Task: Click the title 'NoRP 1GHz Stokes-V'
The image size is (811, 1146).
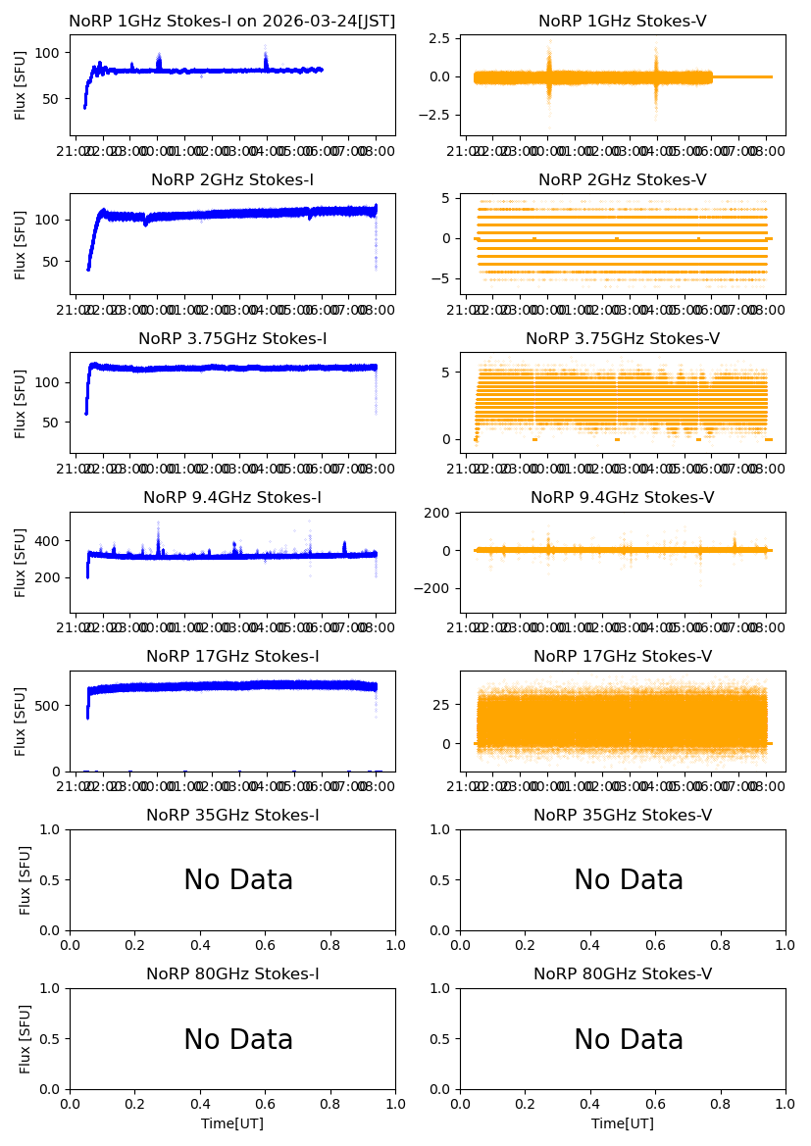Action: pos(622,22)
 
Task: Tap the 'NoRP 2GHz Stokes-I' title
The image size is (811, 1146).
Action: pos(232,180)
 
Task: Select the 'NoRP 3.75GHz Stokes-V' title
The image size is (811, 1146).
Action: pos(622,339)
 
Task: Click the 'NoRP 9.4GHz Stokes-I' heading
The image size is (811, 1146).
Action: pos(232,498)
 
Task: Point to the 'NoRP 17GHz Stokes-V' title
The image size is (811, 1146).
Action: pos(622,657)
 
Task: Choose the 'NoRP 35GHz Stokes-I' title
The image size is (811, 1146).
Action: pos(232,816)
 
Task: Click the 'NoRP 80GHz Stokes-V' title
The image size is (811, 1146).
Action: pos(622,974)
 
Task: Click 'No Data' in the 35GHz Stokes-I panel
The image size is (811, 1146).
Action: pos(238,880)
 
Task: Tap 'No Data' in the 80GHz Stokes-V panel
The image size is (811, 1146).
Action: pos(629,1039)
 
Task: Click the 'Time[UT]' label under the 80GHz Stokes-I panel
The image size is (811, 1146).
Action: pos(232,1123)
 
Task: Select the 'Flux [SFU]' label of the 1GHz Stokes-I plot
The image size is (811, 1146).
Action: pos(21,84)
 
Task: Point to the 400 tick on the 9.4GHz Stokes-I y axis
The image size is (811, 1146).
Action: pos(51,541)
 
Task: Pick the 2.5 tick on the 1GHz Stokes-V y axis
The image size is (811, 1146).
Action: pos(439,38)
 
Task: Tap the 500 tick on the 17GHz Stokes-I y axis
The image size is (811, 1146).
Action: pos(51,705)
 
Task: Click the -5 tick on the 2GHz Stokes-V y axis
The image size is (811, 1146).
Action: pos(443,279)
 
